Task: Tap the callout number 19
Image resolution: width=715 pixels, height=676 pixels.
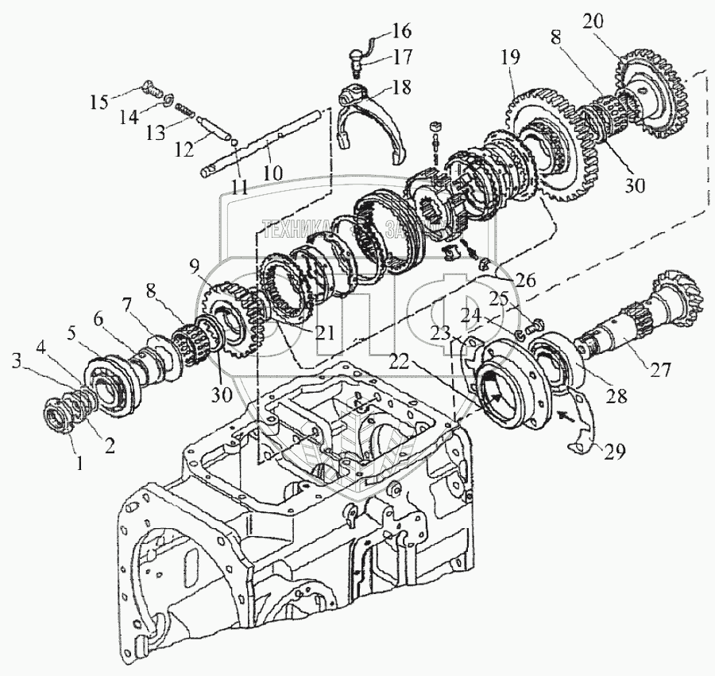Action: coord(510,57)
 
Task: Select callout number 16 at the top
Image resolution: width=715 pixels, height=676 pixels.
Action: coord(401,32)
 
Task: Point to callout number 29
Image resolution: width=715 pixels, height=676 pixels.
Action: coord(613,451)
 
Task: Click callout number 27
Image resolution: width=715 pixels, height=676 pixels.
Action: coord(662,369)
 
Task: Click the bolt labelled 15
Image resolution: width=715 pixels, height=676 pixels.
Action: coord(151,87)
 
